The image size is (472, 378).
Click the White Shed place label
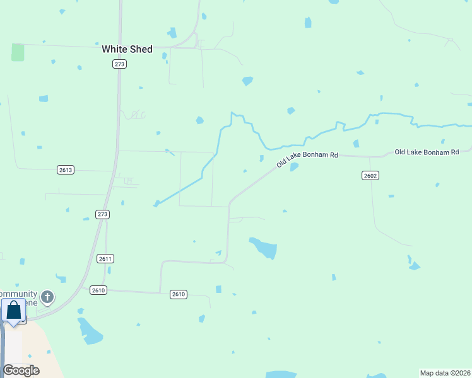[x=127, y=49]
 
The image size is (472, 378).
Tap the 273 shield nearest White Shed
[x=120, y=64]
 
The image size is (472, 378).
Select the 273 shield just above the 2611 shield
[x=103, y=214]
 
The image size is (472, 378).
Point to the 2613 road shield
[x=66, y=169]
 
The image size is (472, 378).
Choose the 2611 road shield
[x=105, y=258]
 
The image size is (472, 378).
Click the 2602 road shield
[x=370, y=175]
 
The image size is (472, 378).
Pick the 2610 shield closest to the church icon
[x=98, y=290]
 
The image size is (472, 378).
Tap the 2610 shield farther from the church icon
[x=179, y=294]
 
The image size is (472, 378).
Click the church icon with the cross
[x=47, y=297]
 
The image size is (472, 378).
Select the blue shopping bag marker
[x=13, y=311]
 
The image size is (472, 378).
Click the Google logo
[x=21, y=370]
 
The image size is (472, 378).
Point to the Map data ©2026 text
[x=444, y=372]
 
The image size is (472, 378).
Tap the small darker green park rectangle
[x=18, y=52]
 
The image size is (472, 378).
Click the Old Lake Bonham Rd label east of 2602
[x=426, y=152]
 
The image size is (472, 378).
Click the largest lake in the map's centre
[x=264, y=248]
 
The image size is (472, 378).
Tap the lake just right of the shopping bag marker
[x=90, y=331]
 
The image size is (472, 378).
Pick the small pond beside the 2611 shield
[x=109, y=270]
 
